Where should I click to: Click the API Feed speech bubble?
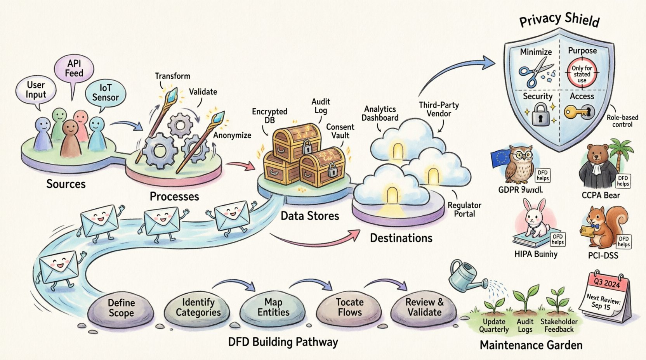[74, 69]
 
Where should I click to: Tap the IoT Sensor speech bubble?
[105, 93]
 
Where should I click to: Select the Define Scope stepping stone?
[121, 308]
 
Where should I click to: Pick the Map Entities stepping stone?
[273, 307]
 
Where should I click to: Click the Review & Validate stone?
[424, 307]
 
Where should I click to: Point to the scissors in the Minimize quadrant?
[535, 72]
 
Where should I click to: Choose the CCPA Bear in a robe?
[598, 167]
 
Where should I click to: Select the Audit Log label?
[321, 106]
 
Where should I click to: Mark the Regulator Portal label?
[464, 209]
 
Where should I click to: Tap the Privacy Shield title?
[559, 19]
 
